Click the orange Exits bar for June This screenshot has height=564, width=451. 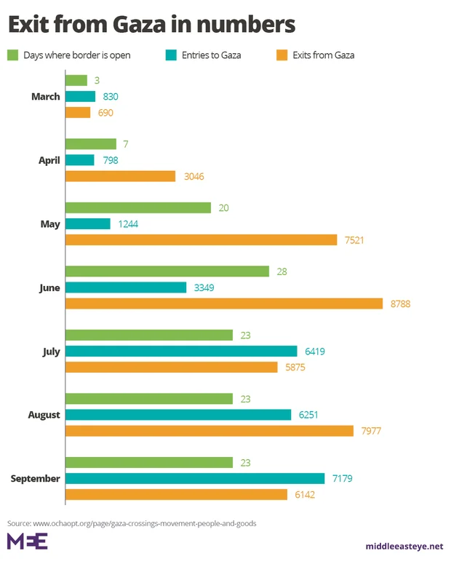coord(224,303)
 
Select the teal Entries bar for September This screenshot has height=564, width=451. coord(195,478)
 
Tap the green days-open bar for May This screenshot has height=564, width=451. coord(138,208)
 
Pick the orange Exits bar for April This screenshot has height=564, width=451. coord(121,176)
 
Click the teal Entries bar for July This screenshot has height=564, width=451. coord(181,351)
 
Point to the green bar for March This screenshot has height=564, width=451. coord(76,80)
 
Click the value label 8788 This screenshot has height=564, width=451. coord(400,303)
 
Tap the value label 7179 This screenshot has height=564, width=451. coord(343,478)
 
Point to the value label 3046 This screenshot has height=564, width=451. coord(193,176)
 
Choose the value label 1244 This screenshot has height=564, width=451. coord(128,224)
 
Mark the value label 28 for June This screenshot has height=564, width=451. coord(282,271)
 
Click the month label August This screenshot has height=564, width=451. coord(44,415)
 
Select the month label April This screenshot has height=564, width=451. coord(49,160)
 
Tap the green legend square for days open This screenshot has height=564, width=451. coord(12,55)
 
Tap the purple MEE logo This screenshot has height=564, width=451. coord(27,541)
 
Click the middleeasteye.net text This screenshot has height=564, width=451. coord(404,546)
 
